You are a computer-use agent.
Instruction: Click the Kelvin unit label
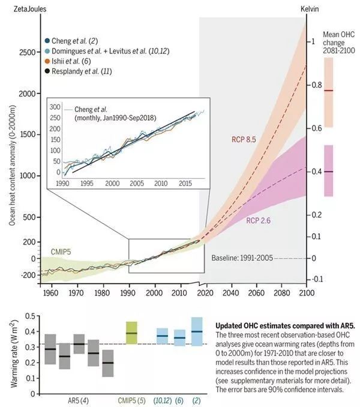click(310, 9)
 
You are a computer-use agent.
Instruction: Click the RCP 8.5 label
click(244, 140)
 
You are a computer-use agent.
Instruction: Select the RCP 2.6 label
click(258, 221)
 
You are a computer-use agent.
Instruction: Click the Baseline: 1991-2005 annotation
click(242, 258)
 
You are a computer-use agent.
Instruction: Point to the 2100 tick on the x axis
click(306, 293)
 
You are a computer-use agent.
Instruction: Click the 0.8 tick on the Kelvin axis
click(317, 85)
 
